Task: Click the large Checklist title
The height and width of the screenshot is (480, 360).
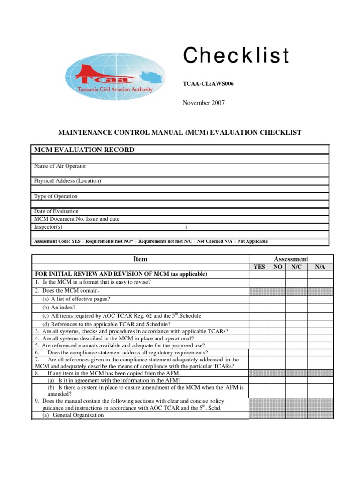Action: [236, 56]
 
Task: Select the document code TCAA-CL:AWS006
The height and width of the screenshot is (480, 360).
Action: [208, 84]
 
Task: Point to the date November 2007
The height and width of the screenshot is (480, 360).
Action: [203, 103]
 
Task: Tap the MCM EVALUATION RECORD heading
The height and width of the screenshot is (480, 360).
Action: [84, 150]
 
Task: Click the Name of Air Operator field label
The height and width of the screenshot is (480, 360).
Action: [60, 166]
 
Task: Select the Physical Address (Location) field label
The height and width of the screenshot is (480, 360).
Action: [67, 181]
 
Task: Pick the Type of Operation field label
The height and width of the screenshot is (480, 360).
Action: [56, 196]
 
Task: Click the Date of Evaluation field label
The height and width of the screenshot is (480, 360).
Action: [56, 211]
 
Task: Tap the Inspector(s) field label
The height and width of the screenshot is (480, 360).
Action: [48, 227]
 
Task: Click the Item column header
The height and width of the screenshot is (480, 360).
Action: [140, 259]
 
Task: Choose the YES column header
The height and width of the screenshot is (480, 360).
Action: [259, 267]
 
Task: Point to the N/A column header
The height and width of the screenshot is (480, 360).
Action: [321, 267]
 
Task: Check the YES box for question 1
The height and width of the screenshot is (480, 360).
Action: [259, 282]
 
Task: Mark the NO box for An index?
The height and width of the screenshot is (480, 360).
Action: [277, 307]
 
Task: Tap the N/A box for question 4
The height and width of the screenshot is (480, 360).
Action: [321, 338]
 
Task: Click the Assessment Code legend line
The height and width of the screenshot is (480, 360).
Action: [150, 241]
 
